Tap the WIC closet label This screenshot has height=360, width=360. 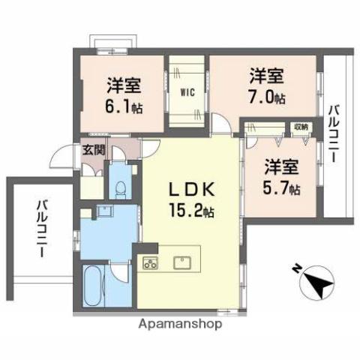point(187,94)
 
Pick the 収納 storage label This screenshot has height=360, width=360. point(301,127)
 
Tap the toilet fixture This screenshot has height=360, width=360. point(121,184)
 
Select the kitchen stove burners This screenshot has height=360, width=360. point(151,263)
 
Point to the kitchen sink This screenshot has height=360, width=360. point(182,262)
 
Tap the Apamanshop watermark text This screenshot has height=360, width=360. point(180,325)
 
